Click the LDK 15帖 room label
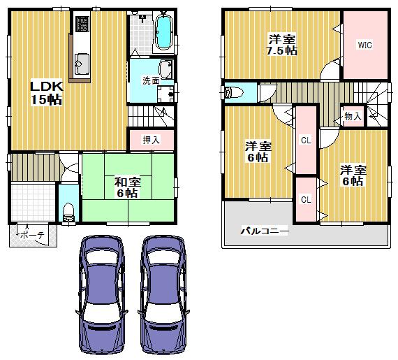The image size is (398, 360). [45, 92]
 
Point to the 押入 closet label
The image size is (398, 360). [152, 140]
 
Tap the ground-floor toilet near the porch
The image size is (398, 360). [68, 210]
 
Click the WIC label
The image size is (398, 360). [364, 45]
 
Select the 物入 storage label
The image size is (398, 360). [353, 117]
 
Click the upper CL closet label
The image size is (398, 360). [305, 141]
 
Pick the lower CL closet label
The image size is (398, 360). [305, 200]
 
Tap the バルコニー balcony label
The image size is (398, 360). [265, 230]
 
